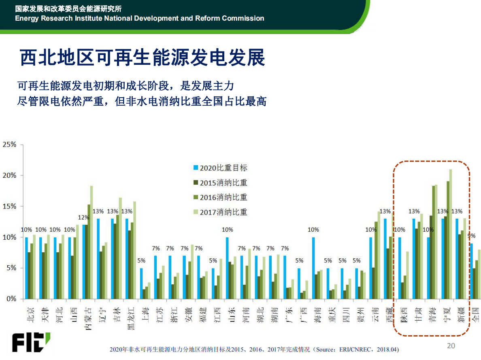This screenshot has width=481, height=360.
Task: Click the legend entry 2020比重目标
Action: point(223,168)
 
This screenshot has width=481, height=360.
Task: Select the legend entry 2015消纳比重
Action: point(223,183)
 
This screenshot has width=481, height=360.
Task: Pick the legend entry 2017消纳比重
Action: point(223,212)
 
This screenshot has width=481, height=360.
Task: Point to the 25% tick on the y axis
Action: point(9,145)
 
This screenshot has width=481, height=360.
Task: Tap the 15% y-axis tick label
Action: point(9,206)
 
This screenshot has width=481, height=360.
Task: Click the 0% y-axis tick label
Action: point(11,299)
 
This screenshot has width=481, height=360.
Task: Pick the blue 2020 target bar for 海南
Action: point(313,268)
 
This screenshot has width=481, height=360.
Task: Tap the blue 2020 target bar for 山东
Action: point(228,268)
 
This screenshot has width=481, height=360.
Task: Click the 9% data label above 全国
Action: point(472,236)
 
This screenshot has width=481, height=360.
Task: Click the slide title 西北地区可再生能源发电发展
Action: point(143,58)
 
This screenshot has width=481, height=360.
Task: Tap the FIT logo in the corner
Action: point(31,343)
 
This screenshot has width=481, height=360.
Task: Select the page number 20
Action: point(451,346)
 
